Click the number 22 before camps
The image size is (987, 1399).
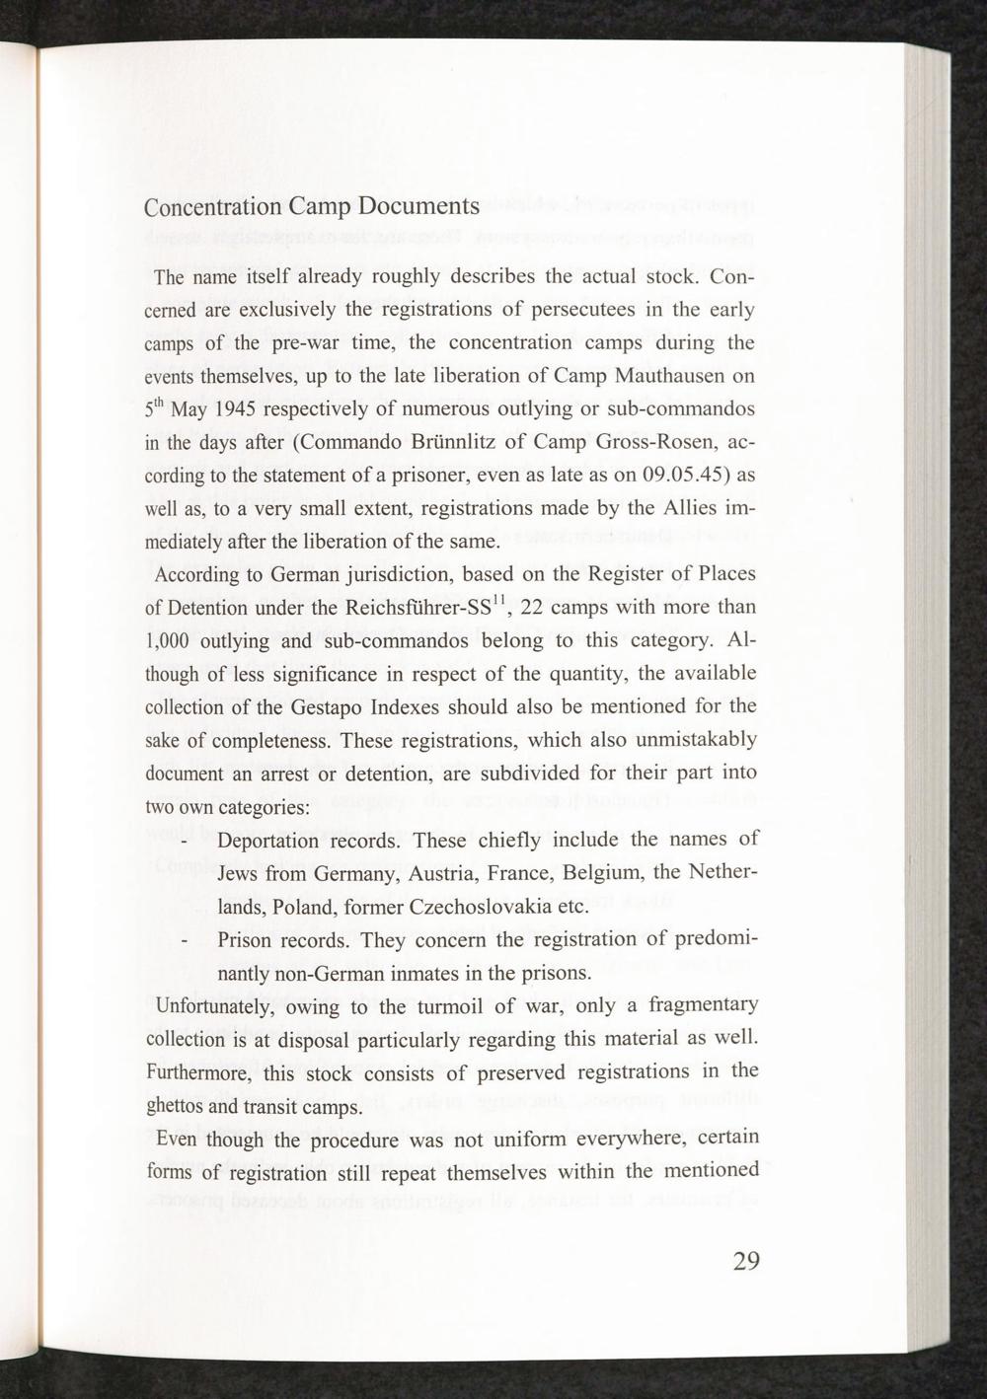click(534, 606)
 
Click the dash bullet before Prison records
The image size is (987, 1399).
click(186, 942)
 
